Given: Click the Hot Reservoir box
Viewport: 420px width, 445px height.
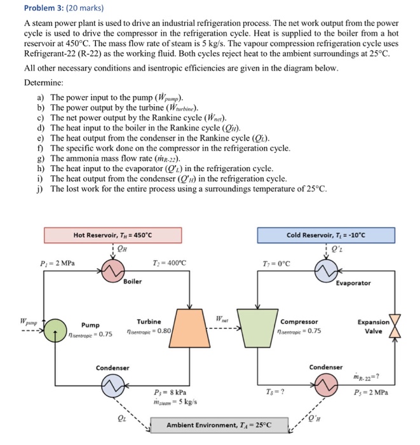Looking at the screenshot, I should tap(112, 235).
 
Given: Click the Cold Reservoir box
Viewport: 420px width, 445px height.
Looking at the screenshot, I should tap(325, 235).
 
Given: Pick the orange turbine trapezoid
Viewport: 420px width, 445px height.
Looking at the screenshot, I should tap(190, 329).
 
